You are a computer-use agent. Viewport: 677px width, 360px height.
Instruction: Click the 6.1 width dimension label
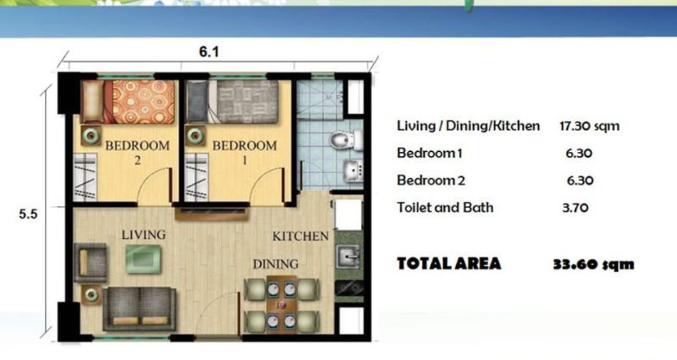[x=209, y=52]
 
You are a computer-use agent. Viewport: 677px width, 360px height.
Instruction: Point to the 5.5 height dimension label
[x=28, y=214]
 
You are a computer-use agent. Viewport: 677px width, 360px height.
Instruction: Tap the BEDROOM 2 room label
[x=138, y=153]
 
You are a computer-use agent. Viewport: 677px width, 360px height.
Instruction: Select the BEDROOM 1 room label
[x=244, y=153]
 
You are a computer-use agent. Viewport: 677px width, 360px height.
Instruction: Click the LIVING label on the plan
[x=143, y=235]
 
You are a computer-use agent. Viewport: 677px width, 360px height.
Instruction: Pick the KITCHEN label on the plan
[x=301, y=236]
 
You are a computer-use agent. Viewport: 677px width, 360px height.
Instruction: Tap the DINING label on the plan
[x=276, y=264]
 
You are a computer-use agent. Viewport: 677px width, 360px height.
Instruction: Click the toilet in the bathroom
[x=346, y=140]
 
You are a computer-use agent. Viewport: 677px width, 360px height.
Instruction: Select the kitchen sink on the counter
[x=348, y=257]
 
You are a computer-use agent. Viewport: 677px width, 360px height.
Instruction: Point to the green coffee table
[x=144, y=259]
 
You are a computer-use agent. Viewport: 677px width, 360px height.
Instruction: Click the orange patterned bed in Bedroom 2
[x=128, y=102]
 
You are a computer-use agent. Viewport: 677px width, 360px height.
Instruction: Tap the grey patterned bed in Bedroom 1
[x=232, y=102]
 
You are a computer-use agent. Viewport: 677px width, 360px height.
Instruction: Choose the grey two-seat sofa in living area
[x=140, y=309]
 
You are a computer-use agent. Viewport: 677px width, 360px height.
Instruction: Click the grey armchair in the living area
[x=91, y=262]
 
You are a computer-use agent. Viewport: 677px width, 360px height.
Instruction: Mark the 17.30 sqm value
[x=589, y=126]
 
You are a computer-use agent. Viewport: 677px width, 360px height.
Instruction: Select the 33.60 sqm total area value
[x=594, y=264]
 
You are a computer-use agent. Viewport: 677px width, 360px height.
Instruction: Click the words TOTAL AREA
[x=449, y=263]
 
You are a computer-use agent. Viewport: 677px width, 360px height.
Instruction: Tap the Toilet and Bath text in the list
[x=445, y=207]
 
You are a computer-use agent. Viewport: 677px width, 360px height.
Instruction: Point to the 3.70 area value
[x=576, y=208]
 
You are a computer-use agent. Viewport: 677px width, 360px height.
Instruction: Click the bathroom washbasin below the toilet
[x=353, y=171]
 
